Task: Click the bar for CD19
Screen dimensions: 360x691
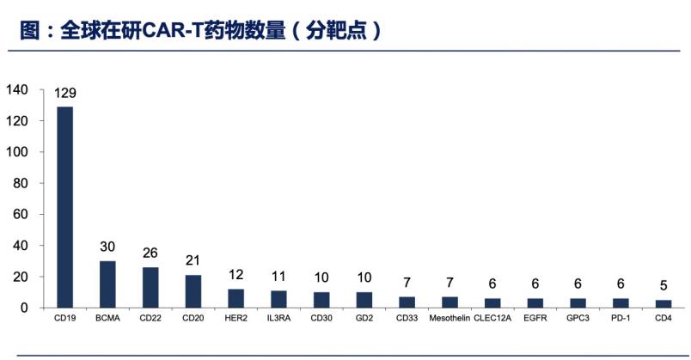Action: point(64,206)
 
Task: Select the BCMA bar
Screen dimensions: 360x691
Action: point(107,284)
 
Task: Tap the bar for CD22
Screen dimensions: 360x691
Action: point(150,287)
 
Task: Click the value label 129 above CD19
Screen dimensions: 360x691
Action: point(65,94)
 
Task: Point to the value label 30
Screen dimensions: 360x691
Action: point(107,247)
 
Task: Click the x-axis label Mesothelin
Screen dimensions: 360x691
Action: point(449,319)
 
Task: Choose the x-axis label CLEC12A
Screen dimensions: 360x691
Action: point(492,319)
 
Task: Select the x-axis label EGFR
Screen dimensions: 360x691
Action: point(534,319)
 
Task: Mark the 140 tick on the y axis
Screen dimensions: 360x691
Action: point(17,90)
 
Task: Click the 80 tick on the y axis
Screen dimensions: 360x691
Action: point(20,183)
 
